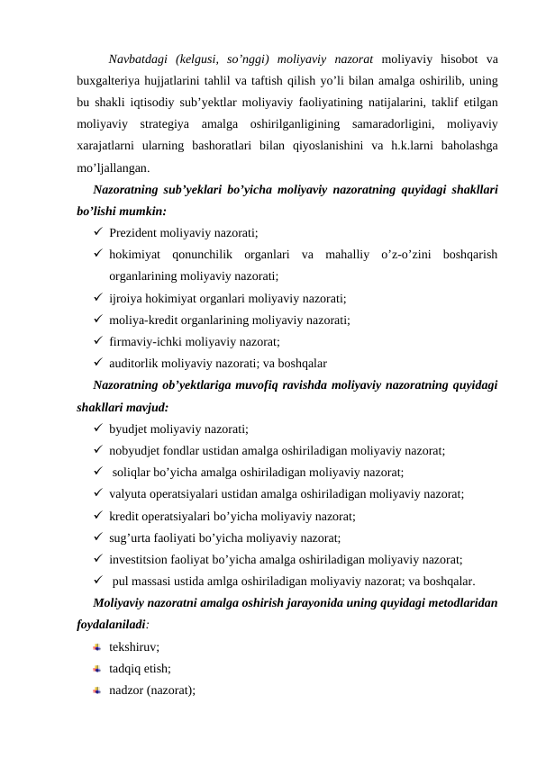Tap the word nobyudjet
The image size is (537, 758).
(134, 450)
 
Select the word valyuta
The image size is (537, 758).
(127, 494)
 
